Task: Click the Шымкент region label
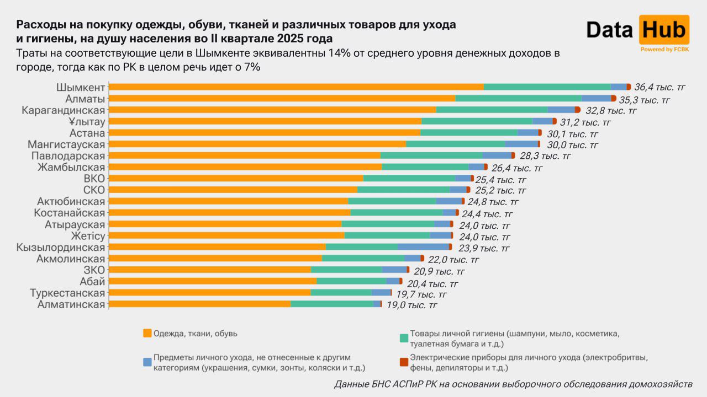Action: [x=81, y=87]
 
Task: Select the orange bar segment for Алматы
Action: [x=282, y=98]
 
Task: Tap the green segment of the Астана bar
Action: [x=468, y=132]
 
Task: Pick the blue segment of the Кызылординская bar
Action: [x=423, y=246]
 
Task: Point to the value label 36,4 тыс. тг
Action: [x=659, y=87]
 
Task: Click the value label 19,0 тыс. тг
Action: [x=411, y=304]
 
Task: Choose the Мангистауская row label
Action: [x=66, y=144]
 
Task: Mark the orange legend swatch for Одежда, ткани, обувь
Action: [x=147, y=333]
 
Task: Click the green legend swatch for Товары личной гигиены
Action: [x=404, y=338]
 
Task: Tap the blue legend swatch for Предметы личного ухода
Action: [x=147, y=362]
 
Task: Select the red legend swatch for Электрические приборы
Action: [x=404, y=362]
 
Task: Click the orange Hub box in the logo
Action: [x=663, y=30]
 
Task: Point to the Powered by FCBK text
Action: [x=664, y=49]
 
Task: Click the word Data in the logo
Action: [x=609, y=30]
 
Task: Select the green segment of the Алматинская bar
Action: [x=332, y=304]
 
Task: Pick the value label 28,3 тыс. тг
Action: [x=545, y=156]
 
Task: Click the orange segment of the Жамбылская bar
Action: [x=245, y=167]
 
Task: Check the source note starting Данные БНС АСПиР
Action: [x=513, y=384]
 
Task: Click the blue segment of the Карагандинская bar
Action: [x=561, y=110]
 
